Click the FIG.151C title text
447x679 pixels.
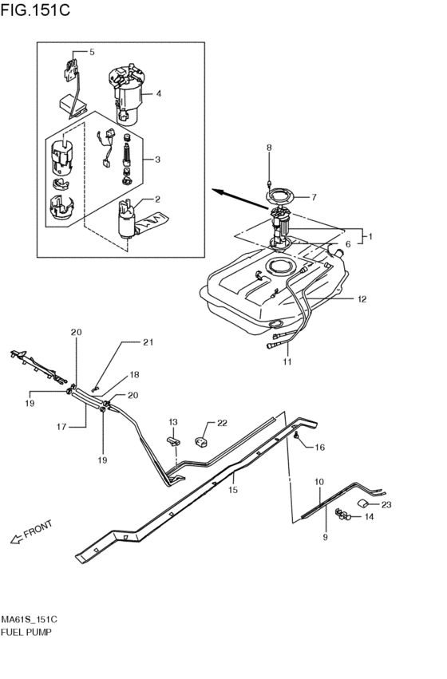pyautogui.click(x=35, y=10)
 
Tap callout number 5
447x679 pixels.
pyautogui.click(x=92, y=52)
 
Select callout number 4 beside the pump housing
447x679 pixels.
pyautogui.click(x=159, y=93)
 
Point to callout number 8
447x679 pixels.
pyautogui.click(x=269, y=148)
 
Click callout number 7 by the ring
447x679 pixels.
pyautogui.click(x=314, y=197)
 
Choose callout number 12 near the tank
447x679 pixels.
pyautogui.click(x=362, y=298)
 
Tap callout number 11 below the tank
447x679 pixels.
pyautogui.click(x=287, y=361)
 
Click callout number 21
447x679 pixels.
pyautogui.click(x=148, y=342)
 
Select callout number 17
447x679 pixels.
pyautogui.click(x=61, y=427)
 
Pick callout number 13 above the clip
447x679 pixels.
pyautogui.click(x=173, y=422)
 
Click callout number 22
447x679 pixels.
pyautogui.click(x=222, y=423)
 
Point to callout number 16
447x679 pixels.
pyautogui.click(x=319, y=448)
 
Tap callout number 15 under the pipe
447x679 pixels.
pyautogui.click(x=233, y=490)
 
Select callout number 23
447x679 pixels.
pyautogui.click(x=386, y=504)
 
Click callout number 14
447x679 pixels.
pyautogui.click(x=369, y=516)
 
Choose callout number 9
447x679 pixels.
pyautogui.click(x=326, y=538)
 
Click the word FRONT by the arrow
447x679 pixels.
pyautogui.click(x=38, y=529)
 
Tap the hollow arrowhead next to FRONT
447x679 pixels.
pyautogui.click(x=16, y=539)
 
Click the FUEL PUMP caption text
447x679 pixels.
pyautogui.click(x=26, y=632)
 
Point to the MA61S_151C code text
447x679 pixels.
pyautogui.click(x=29, y=619)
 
